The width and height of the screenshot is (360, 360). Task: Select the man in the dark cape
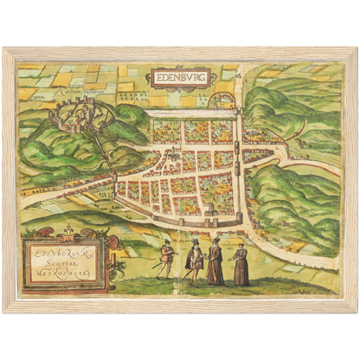coord(194,262)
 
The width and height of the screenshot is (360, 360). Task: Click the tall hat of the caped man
coord(196,243)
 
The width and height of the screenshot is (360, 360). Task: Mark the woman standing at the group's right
coord(241,266)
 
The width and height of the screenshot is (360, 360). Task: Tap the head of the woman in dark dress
coord(241,248)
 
